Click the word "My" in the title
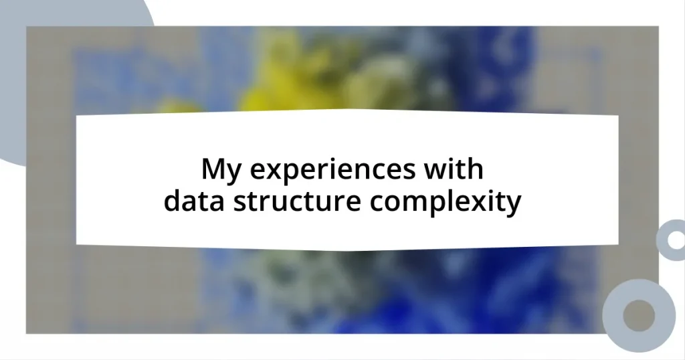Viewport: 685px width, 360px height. pos(219,170)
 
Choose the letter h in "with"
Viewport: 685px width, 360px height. pos(474,169)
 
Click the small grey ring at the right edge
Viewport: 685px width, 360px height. pos(671,240)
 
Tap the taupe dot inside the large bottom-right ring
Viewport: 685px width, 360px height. pos(639,315)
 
